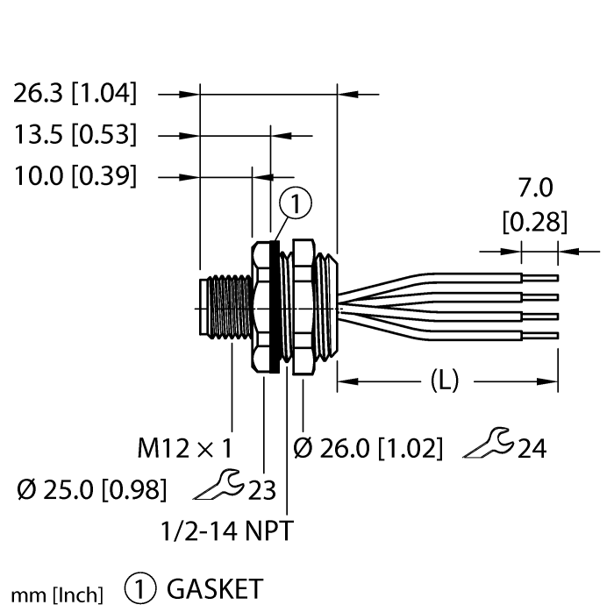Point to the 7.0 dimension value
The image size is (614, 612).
pyautogui.click(x=535, y=189)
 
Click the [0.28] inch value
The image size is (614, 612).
pyautogui.click(x=535, y=222)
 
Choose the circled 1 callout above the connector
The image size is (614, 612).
pyautogui.click(x=296, y=205)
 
